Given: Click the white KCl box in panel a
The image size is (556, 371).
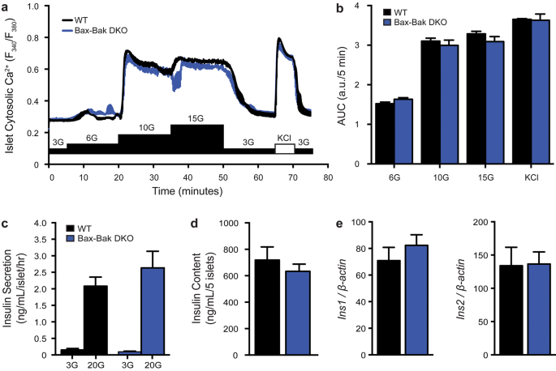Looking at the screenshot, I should [x=284, y=149].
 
